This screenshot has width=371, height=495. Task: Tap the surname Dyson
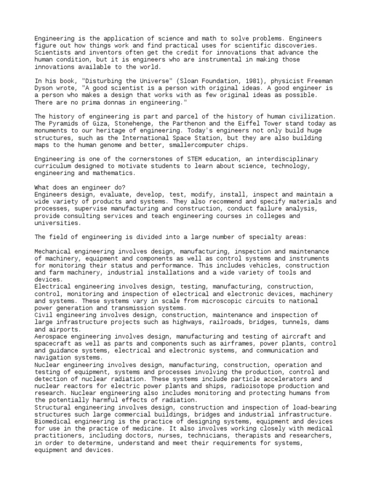(x=44, y=88)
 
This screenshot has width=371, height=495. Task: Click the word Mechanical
(x=53, y=251)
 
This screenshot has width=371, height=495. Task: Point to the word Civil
(x=44, y=315)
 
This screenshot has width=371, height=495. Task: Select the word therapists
(x=254, y=436)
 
